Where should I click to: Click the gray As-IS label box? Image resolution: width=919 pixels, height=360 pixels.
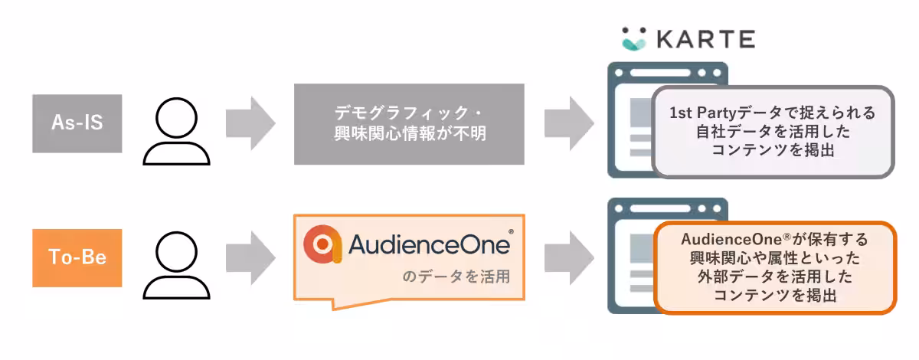coord(77,123)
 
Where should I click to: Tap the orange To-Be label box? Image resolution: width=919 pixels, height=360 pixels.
coord(77,258)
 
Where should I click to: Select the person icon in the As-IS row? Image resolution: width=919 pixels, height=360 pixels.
coord(176,131)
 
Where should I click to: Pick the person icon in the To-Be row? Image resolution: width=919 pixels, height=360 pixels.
coord(176,265)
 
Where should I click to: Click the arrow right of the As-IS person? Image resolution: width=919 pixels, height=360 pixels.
coord(250,123)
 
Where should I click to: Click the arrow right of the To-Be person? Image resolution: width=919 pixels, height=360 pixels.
coord(250,258)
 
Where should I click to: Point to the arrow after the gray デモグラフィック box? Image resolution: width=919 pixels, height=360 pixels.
coord(570,123)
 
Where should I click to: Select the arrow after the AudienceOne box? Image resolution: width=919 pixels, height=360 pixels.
coord(570,258)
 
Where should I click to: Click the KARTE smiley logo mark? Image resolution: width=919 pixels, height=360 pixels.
coord(634,39)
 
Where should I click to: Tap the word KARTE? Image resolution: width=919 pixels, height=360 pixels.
coord(706,39)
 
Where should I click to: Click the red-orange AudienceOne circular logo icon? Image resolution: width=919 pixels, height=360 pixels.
coord(322,244)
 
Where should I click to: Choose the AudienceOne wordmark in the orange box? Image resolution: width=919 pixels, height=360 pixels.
coord(429,244)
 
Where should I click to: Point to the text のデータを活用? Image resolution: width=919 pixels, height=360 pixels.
coord(456,277)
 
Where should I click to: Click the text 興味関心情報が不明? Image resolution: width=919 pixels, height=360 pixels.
coord(410,133)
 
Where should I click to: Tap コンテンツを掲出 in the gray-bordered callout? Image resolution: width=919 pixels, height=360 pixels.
coord(773,150)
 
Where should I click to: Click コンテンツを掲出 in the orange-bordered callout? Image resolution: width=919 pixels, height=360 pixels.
coord(775,295)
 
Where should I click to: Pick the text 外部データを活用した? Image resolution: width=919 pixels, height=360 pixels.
coord(775,277)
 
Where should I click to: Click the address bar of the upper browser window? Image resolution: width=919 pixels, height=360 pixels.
coord(660,73)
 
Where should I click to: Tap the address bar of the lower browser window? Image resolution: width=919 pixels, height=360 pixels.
coord(660,208)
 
